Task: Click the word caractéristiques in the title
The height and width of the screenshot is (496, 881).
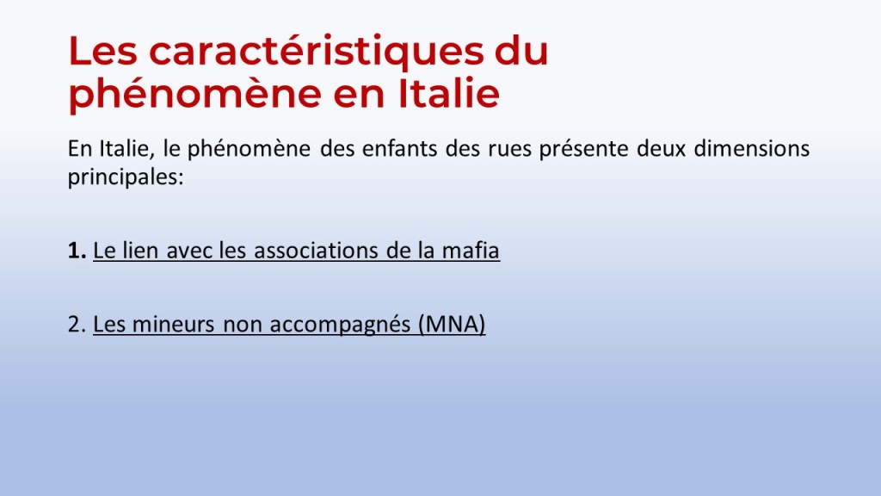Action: pyautogui.click(x=316, y=51)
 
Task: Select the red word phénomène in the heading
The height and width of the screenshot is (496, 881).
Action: pyautogui.click(x=194, y=95)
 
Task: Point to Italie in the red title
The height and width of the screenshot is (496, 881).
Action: pyautogui.click(x=449, y=93)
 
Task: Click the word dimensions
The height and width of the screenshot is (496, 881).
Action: pyautogui.click(x=752, y=148)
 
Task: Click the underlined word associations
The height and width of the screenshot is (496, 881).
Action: pyautogui.click(x=316, y=251)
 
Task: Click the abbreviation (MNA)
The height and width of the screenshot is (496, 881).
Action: pyautogui.click(x=452, y=325)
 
